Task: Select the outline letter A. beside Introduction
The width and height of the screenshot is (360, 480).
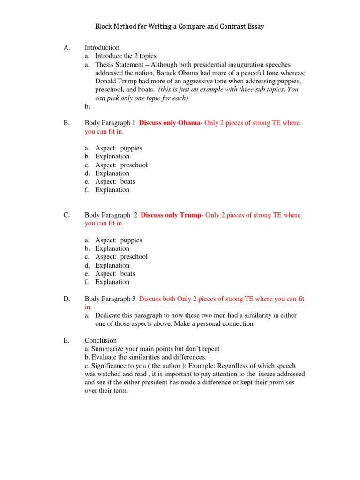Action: (x=67, y=48)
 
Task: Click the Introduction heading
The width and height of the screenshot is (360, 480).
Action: (x=102, y=48)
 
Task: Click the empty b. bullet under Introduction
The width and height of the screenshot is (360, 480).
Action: (x=87, y=106)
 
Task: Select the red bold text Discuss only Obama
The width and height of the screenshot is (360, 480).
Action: (x=171, y=123)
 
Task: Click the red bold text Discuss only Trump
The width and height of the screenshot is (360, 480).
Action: (x=171, y=215)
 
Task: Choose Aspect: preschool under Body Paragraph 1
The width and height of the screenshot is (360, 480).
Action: (x=121, y=165)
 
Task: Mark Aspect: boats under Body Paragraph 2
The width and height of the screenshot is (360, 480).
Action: (x=115, y=274)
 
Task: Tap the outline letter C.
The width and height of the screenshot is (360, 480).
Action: (x=67, y=215)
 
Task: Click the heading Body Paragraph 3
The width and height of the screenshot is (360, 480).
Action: (x=110, y=299)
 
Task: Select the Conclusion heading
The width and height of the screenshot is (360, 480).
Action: (x=101, y=340)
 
